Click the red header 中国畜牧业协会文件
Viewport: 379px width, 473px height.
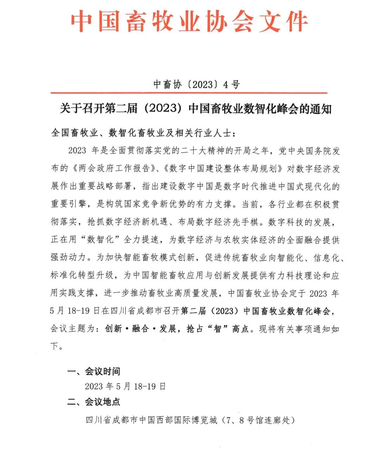click(189, 22)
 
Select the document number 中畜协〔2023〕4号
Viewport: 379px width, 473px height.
click(197, 84)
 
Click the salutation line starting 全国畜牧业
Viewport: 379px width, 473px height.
click(144, 133)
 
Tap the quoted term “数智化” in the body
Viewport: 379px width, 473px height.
click(100, 240)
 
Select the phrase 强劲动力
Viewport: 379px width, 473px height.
click(68, 258)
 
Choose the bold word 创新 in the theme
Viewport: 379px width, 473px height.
click(113, 329)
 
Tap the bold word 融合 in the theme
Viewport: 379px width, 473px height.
click(141, 329)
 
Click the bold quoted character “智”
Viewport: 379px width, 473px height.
click(218, 329)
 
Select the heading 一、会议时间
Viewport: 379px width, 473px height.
click(94, 372)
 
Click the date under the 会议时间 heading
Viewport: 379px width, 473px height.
click(125, 387)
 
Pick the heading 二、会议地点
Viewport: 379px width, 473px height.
click(94, 402)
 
